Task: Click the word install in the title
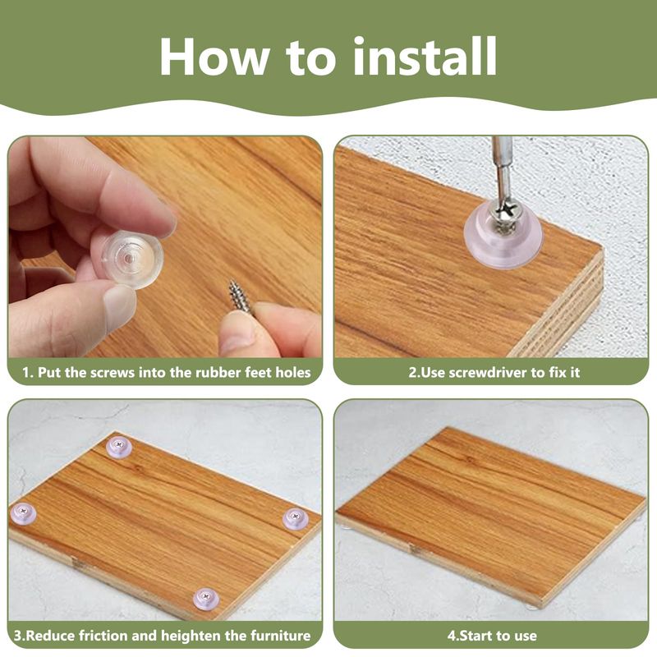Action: point(425,56)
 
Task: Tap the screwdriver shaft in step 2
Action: point(502,167)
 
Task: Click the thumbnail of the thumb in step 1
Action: point(118,302)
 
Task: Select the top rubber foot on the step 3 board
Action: point(119,447)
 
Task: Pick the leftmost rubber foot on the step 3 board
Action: point(23,514)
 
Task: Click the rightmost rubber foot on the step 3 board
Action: point(296,519)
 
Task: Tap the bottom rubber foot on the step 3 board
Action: point(206,599)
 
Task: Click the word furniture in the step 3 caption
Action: point(281,635)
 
